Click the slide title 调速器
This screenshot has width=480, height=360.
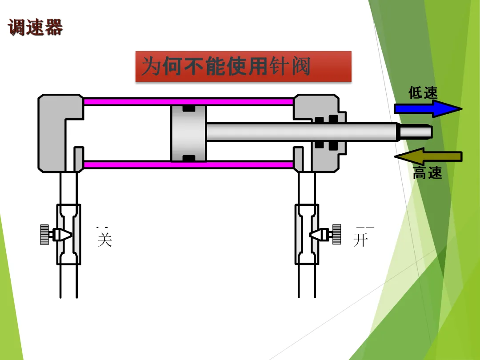point(36,27)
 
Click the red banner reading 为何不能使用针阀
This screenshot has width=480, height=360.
point(243,67)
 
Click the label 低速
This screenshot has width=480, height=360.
point(423,93)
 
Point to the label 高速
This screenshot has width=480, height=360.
point(427,173)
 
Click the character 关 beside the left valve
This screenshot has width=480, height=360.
point(104,238)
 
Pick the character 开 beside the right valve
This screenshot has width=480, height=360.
point(361,239)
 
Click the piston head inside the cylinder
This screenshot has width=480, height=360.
point(188,133)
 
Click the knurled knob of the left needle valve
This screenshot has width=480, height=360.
point(44,234)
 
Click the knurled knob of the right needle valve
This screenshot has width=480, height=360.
point(336,234)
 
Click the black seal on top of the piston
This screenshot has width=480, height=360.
point(188,108)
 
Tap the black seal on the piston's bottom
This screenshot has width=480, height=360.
point(188,158)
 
